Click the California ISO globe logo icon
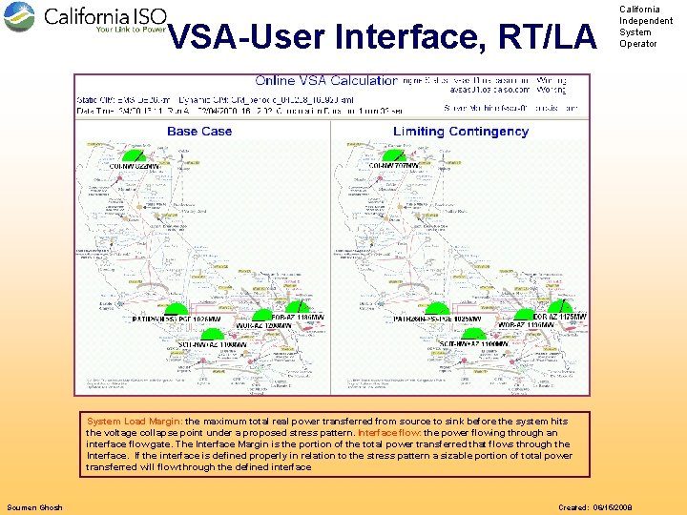[x=19, y=17]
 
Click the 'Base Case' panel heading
[x=199, y=131]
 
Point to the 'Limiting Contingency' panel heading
[x=461, y=131]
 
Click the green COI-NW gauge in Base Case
[x=131, y=156]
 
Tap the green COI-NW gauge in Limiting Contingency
[x=391, y=156]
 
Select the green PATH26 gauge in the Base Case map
[x=177, y=309]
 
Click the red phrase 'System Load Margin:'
[x=135, y=421]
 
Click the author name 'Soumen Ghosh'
[x=34, y=507]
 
